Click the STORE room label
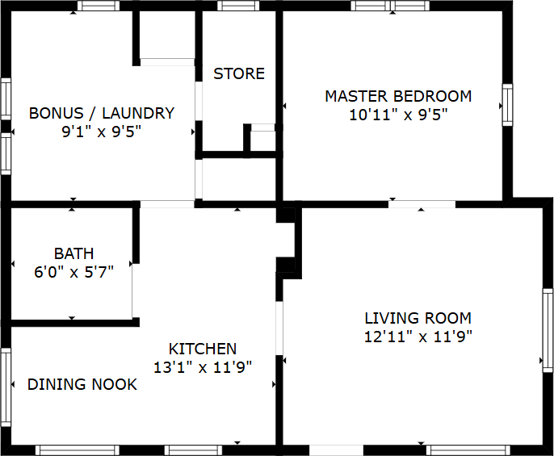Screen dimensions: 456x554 tap(239, 73)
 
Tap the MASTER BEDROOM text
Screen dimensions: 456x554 tap(398, 96)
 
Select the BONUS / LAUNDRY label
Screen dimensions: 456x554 tap(102, 113)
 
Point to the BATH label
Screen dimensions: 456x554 tap(74, 254)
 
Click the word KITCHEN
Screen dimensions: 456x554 tap(203, 349)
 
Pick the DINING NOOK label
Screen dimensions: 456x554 tap(82, 384)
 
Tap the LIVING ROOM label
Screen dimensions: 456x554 tap(418, 318)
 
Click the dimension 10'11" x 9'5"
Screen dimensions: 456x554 tap(398, 115)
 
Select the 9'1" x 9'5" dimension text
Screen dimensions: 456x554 tap(102, 132)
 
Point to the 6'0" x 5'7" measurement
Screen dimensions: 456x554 tap(73, 272)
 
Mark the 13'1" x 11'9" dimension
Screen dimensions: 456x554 tap(203, 367)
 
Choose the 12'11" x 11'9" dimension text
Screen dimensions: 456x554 tap(418, 337)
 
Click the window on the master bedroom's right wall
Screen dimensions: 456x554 tap(507, 104)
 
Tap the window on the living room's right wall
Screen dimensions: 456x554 tap(547, 330)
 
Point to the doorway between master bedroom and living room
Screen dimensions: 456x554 tap(421, 203)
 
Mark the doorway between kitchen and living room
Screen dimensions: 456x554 tap(279, 328)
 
